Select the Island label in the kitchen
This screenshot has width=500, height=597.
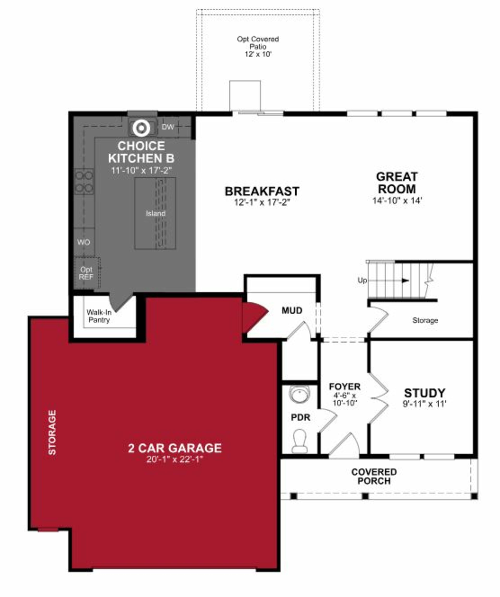155,213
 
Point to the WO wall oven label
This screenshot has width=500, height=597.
84,242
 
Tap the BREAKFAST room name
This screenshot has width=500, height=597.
262,191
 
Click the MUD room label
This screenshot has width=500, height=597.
292,310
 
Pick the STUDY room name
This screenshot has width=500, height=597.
424,393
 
